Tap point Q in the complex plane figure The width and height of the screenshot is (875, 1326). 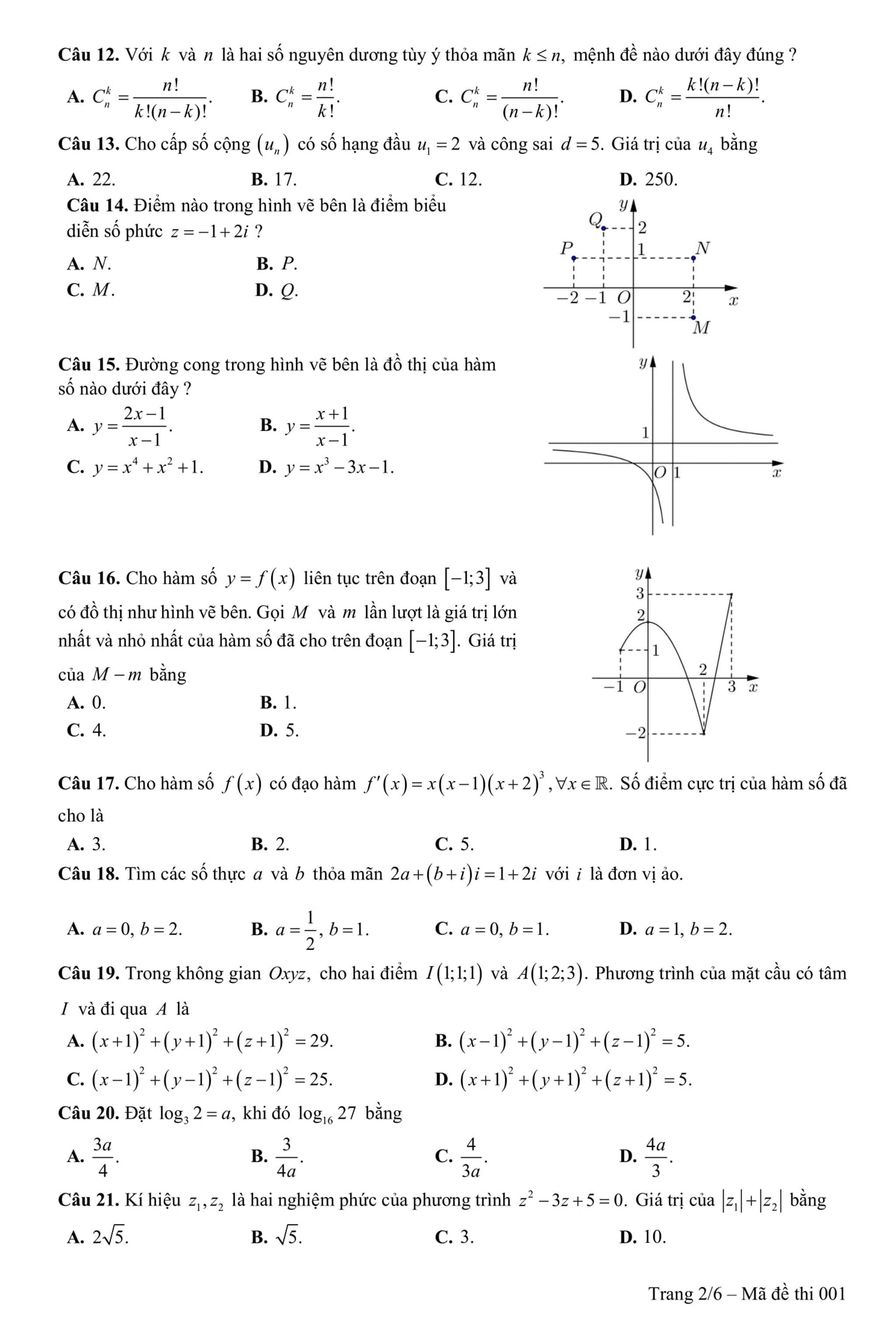pos(603,228)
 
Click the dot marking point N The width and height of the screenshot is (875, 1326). pos(693,258)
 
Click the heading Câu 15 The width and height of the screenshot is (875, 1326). pos(89,365)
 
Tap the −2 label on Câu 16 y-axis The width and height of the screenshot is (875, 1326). pos(636,732)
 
